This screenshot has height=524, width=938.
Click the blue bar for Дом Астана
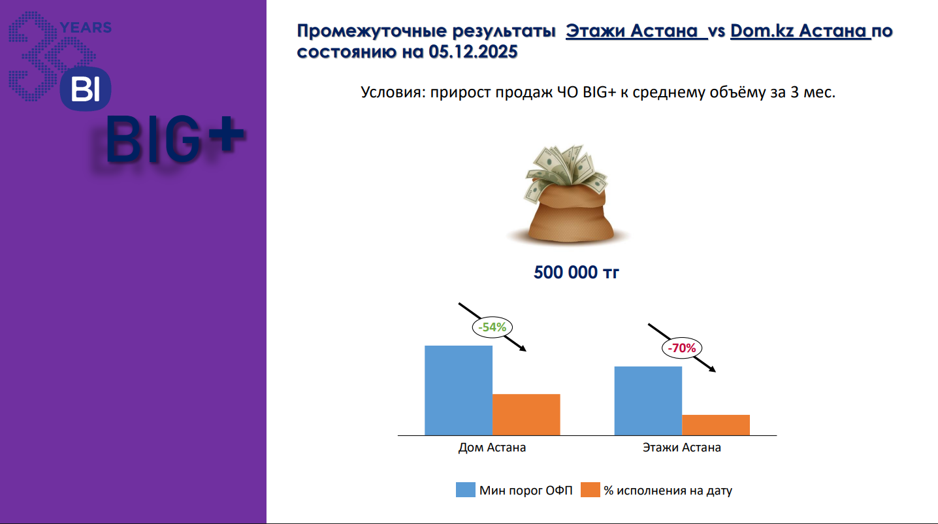click(x=459, y=390)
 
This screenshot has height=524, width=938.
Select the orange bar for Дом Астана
click(x=526, y=415)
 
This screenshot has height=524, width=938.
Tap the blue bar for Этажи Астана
click(x=648, y=401)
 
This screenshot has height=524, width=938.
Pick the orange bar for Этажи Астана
click(x=716, y=425)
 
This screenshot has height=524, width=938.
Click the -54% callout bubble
click(x=493, y=327)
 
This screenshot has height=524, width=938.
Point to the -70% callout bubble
click(x=682, y=348)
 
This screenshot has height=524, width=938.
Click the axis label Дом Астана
click(x=492, y=448)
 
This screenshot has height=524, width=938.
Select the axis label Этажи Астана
click(x=682, y=448)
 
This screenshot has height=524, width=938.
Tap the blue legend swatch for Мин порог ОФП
click(x=465, y=489)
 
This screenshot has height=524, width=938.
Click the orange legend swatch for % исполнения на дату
click(x=590, y=489)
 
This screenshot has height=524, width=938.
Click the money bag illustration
click(x=568, y=194)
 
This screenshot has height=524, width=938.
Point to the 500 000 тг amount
click(x=576, y=272)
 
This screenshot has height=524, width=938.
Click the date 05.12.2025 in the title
click(x=473, y=52)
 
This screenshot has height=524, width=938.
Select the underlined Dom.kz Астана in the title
click(x=801, y=31)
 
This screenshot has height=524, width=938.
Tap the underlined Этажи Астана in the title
click(x=636, y=31)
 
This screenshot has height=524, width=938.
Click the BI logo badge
click(x=86, y=89)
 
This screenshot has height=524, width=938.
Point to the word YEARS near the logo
click(x=86, y=27)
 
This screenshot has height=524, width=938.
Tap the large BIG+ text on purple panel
click(x=175, y=139)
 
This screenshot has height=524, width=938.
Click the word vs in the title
click(x=717, y=31)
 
